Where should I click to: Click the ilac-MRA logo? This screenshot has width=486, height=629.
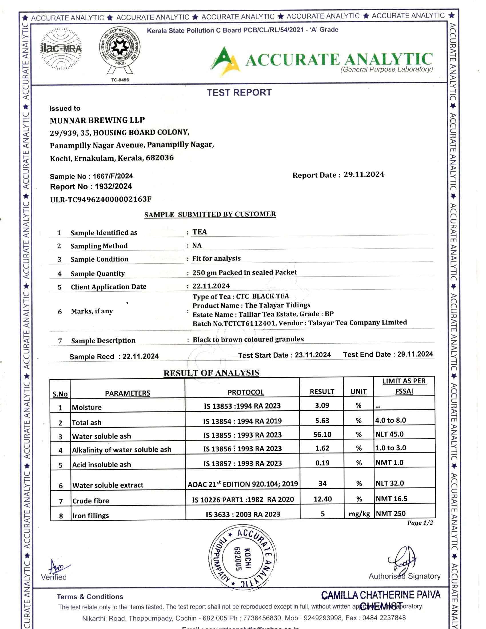point(61,49)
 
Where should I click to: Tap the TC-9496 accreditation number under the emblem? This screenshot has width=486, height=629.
point(120,80)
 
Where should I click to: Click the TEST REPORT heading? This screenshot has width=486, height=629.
point(239,92)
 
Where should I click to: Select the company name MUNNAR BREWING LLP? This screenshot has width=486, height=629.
point(97,120)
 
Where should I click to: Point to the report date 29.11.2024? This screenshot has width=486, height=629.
point(364,174)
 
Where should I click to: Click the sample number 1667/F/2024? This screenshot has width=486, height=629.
point(113,176)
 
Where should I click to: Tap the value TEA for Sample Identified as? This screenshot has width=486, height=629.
point(200,232)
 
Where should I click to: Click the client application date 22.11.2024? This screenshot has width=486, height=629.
point(211,286)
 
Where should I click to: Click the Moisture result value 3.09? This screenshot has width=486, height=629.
point(322,405)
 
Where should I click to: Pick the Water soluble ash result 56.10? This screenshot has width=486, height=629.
point(322,435)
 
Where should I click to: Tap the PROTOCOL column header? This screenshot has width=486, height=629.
point(246,392)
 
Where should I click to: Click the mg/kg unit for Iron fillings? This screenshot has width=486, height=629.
point(359,514)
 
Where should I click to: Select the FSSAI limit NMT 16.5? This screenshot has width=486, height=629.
point(391,499)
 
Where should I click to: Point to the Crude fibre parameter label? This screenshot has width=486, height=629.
point(91,501)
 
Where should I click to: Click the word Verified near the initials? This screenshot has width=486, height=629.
point(54,577)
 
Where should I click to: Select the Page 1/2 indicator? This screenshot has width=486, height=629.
point(420,523)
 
